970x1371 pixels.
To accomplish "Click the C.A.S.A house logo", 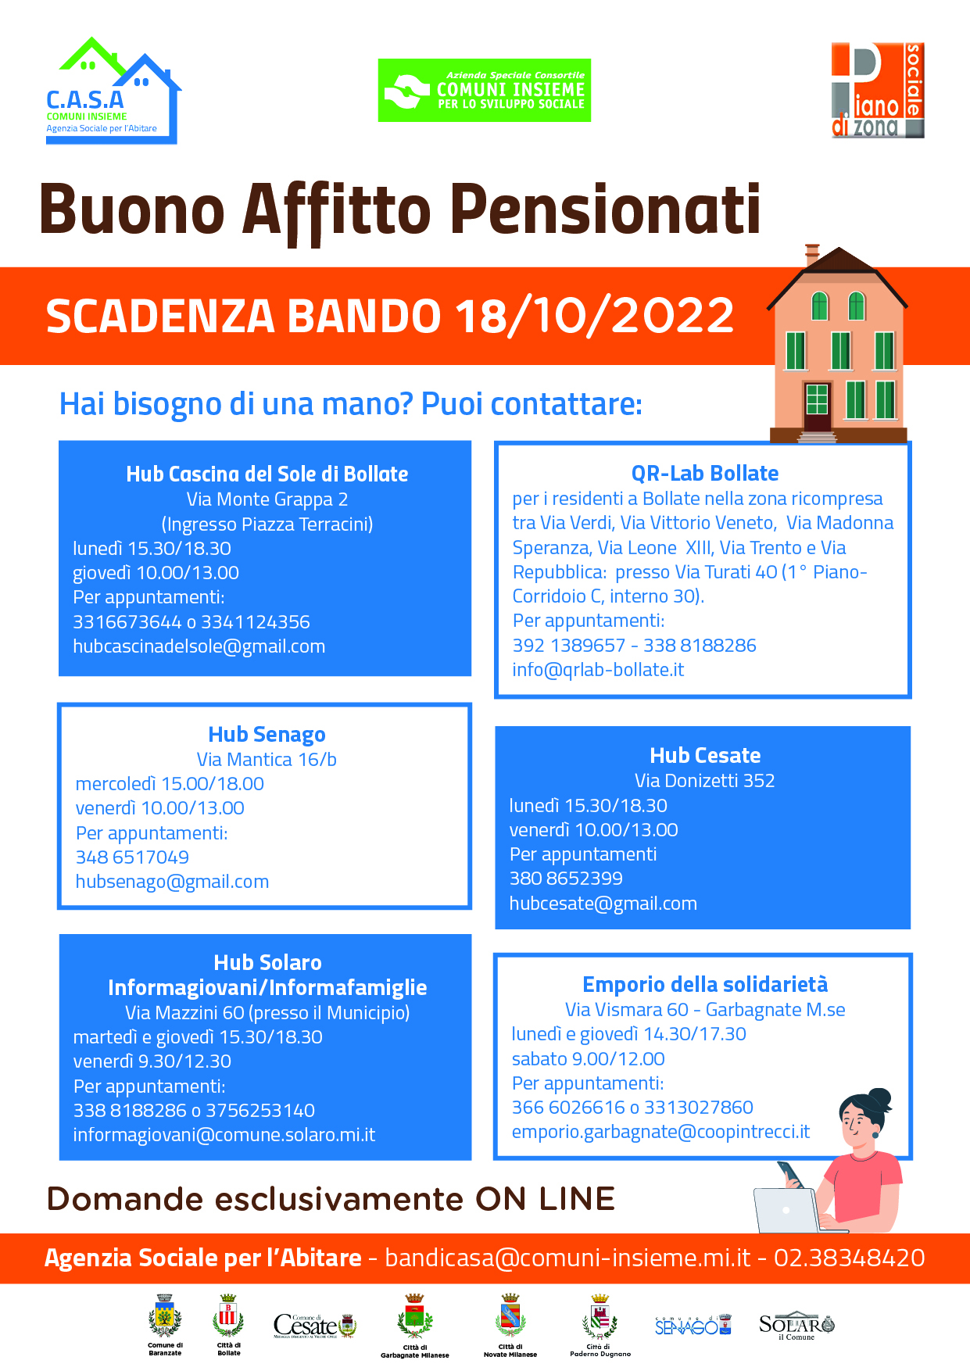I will click(x=112, y=91).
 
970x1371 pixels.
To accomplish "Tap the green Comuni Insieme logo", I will click(x=484, y=90).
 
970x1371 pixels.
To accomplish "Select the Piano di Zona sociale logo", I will click(x=877, y=91).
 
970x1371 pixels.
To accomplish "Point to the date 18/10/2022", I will click(x=594, y=316).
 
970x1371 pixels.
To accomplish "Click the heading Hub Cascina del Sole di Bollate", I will click(x=267, y=474).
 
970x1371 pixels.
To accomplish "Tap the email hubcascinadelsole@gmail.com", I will click(x=199, y=646).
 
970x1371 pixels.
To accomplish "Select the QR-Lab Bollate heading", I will click(x=704, y=473).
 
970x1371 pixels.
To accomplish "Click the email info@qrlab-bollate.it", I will click(x=598, y=670).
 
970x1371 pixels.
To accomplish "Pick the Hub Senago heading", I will click(x=267, y=735).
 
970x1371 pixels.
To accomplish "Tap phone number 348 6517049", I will click(x=132, y=857).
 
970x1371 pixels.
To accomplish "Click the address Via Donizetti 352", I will click(x=704, y=780).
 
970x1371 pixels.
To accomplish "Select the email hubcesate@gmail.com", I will click(x=603, y=904).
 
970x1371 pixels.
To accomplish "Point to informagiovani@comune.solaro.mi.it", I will click(x=224, y=1135).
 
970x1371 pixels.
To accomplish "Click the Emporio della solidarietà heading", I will click(x=704, y=984).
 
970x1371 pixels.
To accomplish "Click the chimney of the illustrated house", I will click(x=812, y=253).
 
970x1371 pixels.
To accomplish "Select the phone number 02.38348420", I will click(x=849, y=1258).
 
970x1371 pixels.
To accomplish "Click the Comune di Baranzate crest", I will click(x=165, y=1320).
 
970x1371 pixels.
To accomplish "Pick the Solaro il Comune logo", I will click(x=796, y=1326).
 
